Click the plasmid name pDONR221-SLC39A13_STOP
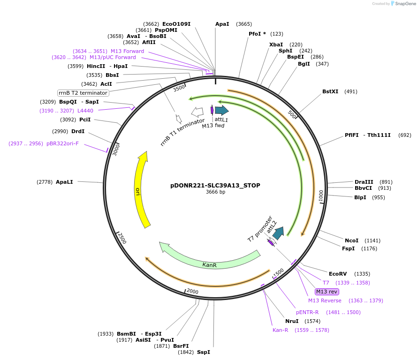tap(215, 185)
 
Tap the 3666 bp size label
tap(215, 192)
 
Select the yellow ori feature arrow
tap(141, 190)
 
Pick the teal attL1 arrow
tap(221, 111)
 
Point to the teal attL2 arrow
tap(279, 232)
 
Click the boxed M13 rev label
tap(327, 292)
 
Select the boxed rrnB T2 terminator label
tap(83, 93)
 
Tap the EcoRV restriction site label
tap(337, 274)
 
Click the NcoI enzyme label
tap(351, 240)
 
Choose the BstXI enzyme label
tap(330, 91)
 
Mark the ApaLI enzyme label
tap(64, 182)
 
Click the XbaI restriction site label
tap(276, 45)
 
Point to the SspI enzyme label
tap(204, 352)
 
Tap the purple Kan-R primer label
tap(280, 330)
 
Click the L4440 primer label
tap(85, 111)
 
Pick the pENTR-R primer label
tap(307, 312)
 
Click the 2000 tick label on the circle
tap(192, 292)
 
